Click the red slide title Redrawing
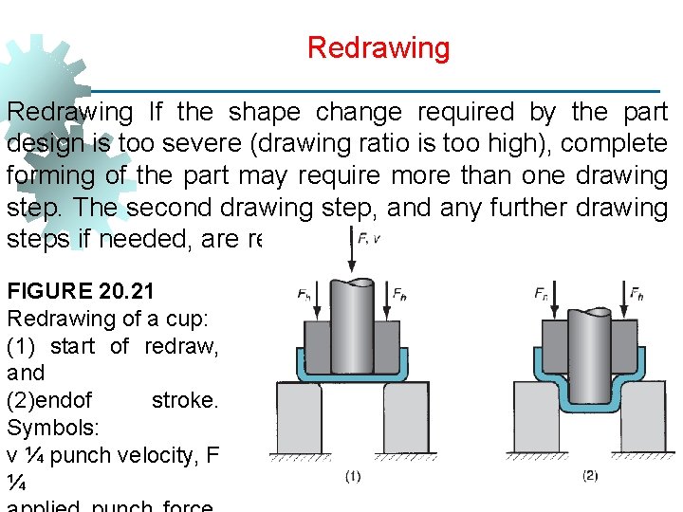click(x=378, y=47)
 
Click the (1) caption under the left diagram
click(x=353, y=476)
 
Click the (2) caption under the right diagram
click(x=590, y=476)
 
